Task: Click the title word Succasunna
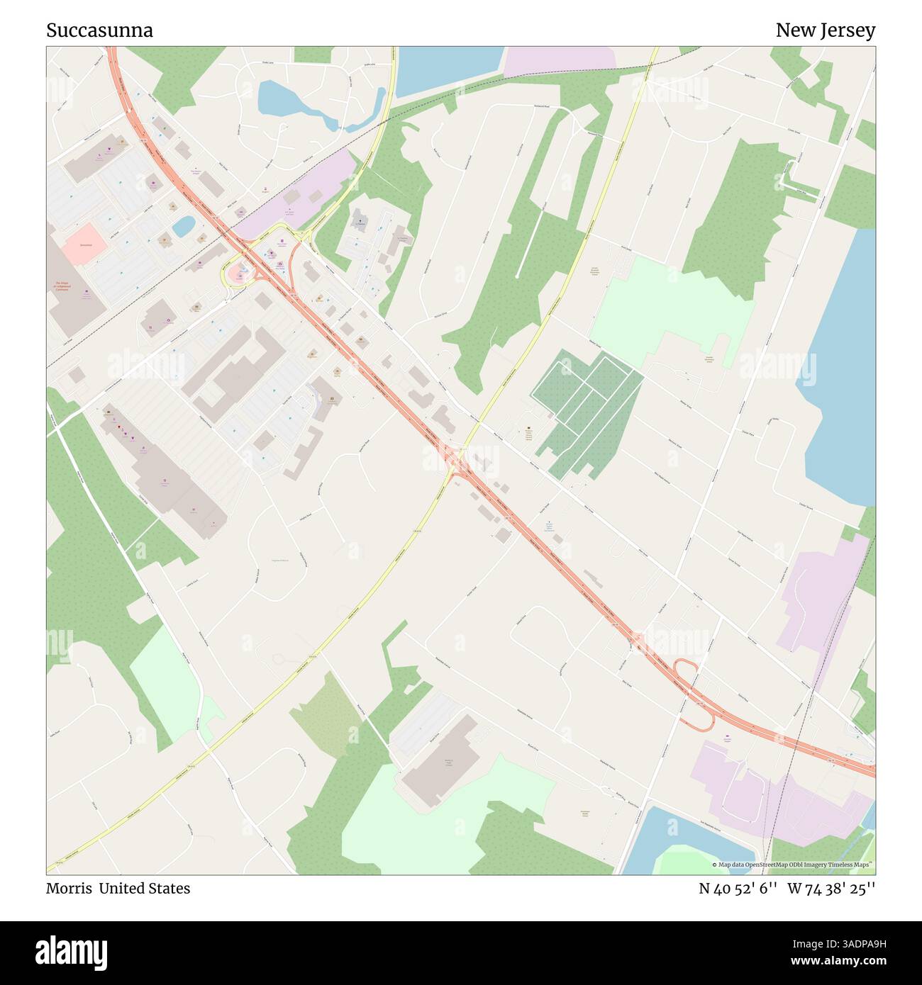point(99,30)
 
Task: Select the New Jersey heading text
point(825,30)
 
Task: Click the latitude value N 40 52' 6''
point(738,888)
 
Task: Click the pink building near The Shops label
point(84,243)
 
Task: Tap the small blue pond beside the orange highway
point(183,226)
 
